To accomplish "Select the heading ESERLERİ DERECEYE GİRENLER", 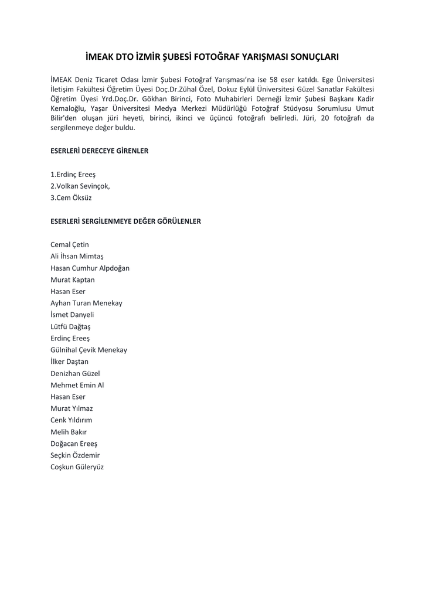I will [x=100, y=151].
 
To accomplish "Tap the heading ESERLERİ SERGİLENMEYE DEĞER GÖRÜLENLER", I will [x=126, y=221].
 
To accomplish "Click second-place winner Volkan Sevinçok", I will [x=80, y=186].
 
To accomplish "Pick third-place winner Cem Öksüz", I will [x=71, y=197].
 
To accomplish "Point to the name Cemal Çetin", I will [x=70, y=244].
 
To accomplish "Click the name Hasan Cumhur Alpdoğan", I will [x=90, y=268].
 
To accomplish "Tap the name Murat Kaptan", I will [x=73, y=279].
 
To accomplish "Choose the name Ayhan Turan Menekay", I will [x=87, y=303].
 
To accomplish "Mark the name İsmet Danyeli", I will [x=72, y=315].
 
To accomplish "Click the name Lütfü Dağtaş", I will [x=71, y=326].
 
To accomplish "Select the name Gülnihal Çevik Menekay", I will [x=89, y=350].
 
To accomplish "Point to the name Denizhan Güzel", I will [x=75, y=373].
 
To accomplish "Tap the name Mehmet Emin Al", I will [x=77, y=385].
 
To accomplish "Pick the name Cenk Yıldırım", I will [x=72, y=420].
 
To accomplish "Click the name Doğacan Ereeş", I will [x=74, y=444].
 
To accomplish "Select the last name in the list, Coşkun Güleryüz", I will [x=77, y=467].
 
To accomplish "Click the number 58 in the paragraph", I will [x=274, y=79].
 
